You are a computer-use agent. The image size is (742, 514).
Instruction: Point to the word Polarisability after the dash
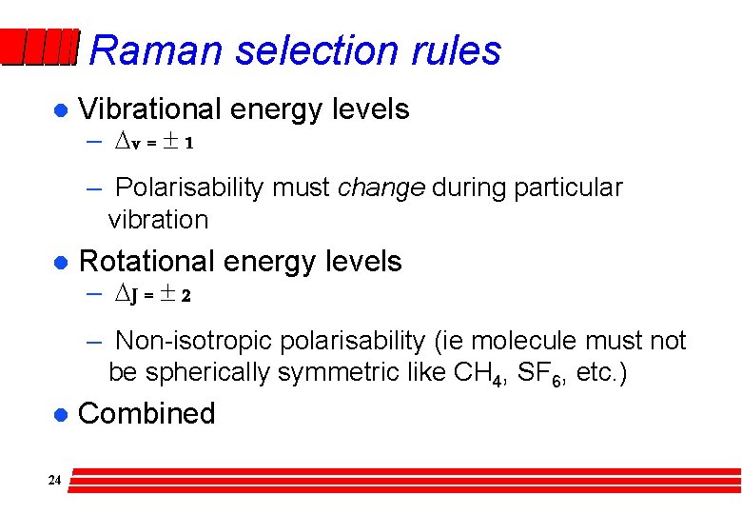click(189, 188)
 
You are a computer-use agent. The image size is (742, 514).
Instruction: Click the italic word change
click(381, 188)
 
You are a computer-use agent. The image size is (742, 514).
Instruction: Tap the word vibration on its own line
click(158, 219)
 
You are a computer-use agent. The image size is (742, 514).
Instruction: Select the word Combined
click(146, 413)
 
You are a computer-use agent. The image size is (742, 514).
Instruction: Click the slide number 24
click(54, 481)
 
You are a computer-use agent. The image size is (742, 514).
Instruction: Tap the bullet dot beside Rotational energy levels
click(58, 263)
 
